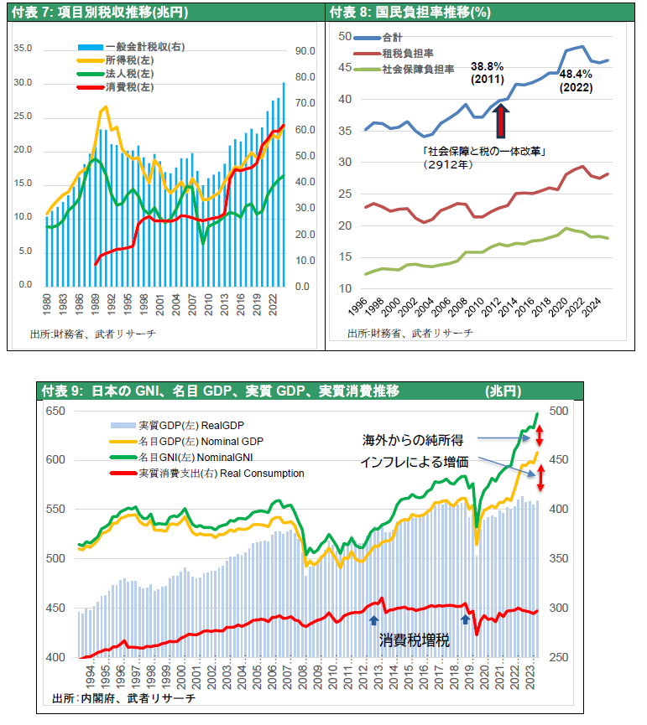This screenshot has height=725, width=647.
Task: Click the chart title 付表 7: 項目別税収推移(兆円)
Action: [101, 13]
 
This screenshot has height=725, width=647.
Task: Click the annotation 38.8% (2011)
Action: [487, 73]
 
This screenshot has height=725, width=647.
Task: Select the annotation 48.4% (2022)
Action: [576, 80]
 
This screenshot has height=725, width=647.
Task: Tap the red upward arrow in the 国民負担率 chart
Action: [502, 119]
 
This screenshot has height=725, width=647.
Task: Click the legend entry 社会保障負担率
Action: [417, 70]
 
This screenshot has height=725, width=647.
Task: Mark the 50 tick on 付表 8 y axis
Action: [343, 36]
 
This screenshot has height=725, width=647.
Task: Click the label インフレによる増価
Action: [414, 461]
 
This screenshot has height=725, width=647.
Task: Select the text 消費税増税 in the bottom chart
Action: [414, 640]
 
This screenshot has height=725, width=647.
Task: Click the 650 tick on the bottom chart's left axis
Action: [55, 411]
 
